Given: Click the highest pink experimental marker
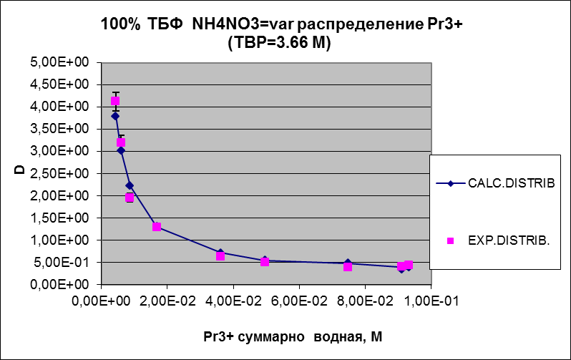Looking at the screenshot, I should tap(115, 102).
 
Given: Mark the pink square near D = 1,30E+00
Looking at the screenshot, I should tap(157, 227).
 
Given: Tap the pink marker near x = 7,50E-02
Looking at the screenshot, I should tap(348, 267).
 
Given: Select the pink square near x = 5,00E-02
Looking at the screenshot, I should tap(265, 262).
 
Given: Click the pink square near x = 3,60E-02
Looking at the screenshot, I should tap(220, 256).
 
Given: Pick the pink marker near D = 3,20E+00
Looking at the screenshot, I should tap(121, 142).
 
